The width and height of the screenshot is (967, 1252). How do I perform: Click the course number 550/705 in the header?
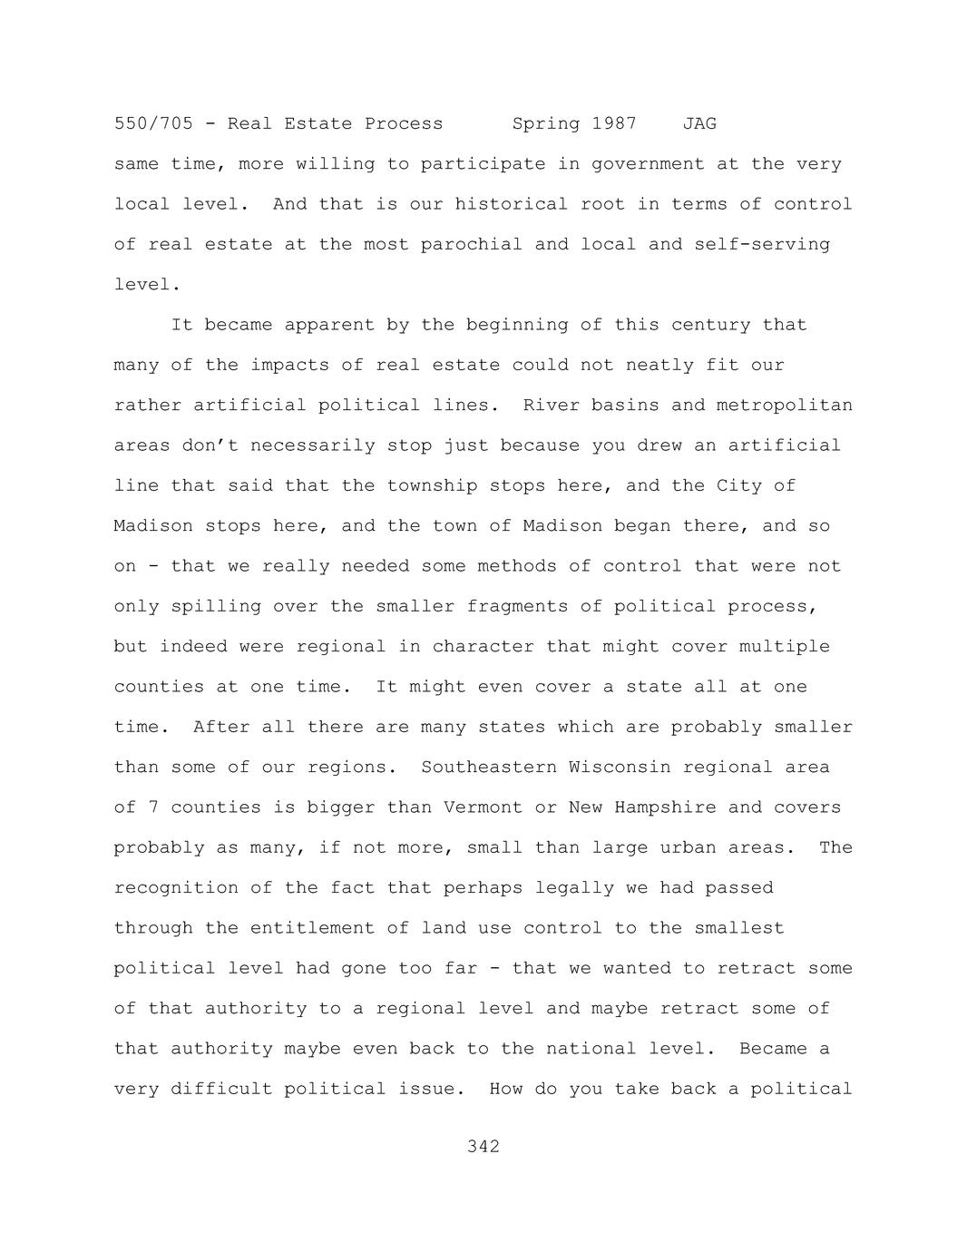click(x=153, y=123)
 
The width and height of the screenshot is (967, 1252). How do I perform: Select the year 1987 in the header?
click(x=614, y=123)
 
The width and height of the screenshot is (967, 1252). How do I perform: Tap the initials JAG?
click(x=699, y=123)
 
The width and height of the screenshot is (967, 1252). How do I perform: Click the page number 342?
click(x=483, y=1147)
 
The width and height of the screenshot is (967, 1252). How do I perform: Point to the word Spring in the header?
click(x=545, y=123)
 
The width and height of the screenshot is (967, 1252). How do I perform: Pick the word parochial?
click(x=471, y=244)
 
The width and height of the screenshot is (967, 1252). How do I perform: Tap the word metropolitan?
click(x=785, y=405)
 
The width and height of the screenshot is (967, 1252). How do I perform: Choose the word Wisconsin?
click(x=620, y=768)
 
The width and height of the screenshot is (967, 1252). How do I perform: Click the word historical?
click(x=512, y=204)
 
